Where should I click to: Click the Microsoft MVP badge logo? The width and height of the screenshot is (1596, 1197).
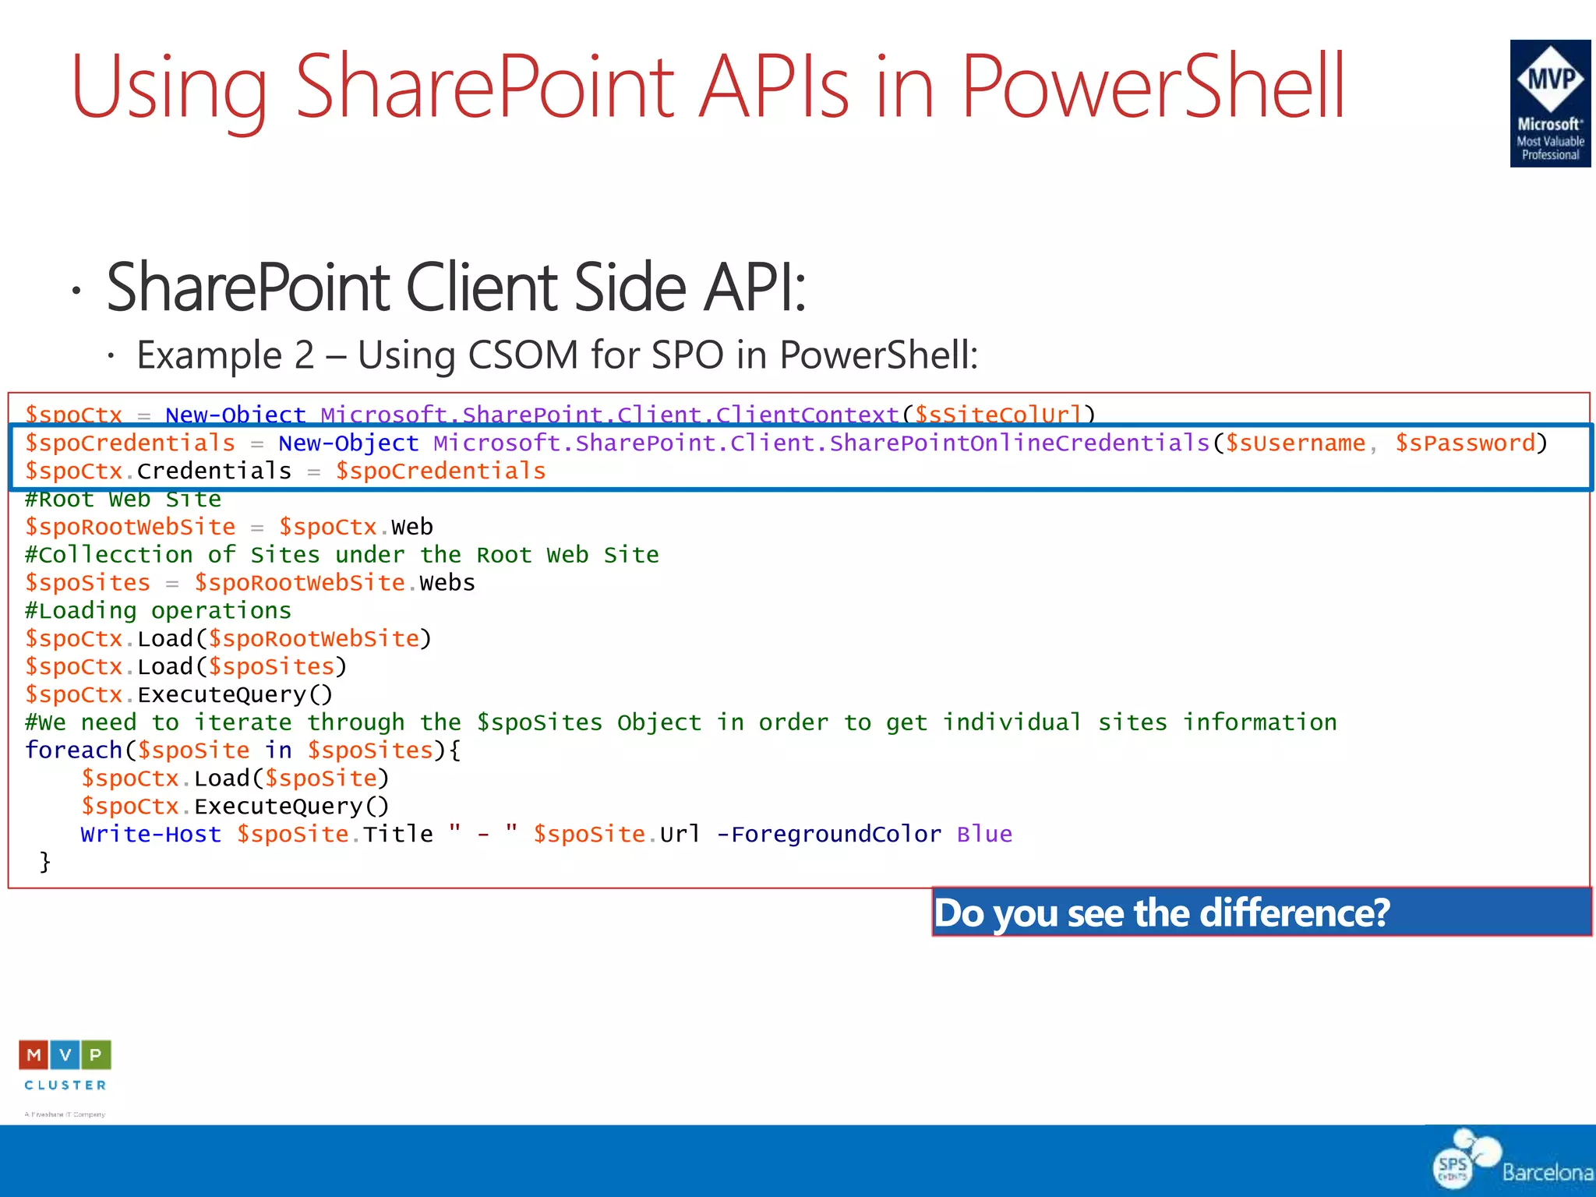1549,104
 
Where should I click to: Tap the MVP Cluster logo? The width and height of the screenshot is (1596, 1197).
65,1065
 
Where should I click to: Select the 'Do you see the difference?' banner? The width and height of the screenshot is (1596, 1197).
1261,912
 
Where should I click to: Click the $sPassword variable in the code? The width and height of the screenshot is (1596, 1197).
1464,443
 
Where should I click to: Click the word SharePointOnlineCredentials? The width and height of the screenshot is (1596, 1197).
1019,443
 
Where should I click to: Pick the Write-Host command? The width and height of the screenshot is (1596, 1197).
150,835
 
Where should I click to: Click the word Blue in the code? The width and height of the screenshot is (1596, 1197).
984,835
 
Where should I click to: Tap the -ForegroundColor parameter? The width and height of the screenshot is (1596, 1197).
828,835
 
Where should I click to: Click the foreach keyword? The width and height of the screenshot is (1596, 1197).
74,750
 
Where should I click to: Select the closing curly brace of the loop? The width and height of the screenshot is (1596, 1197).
45,862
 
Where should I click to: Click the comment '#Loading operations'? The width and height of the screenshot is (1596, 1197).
158,611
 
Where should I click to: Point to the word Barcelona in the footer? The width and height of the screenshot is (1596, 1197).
1547,1172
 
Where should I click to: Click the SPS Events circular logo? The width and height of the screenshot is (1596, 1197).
1454,1167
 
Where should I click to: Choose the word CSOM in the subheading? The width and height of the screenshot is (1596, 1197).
523,355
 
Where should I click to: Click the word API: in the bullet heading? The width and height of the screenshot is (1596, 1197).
754,288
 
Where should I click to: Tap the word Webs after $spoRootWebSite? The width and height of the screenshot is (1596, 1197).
447,583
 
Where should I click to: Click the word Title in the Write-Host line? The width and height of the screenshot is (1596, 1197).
397,835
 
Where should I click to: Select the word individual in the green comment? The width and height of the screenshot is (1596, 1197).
1012,722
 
